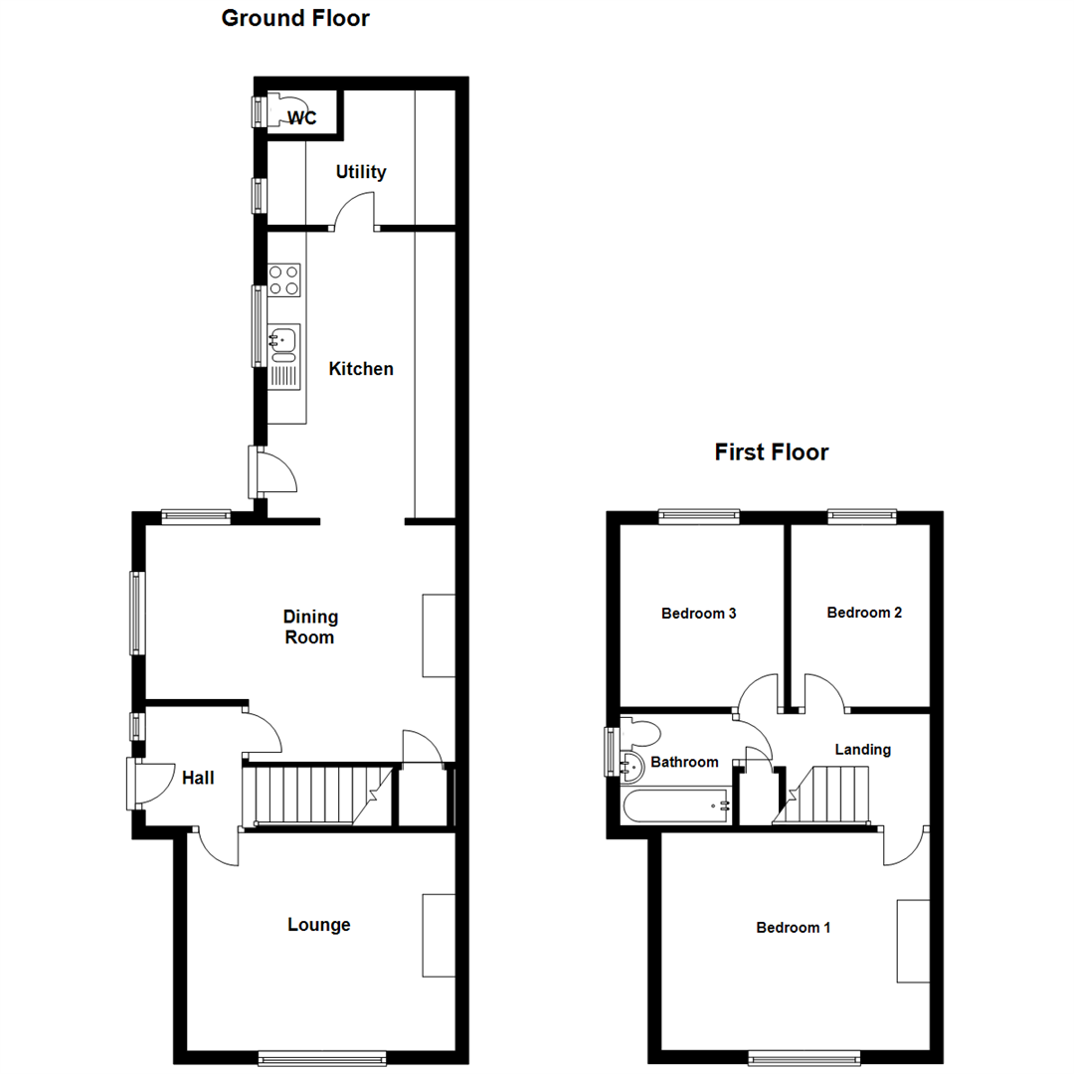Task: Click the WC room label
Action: pyautogui.click(x=302, y=118)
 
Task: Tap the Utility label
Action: pyautogui.click(x=360, y=172)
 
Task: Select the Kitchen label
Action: pyautogui.click(x=361, y=369)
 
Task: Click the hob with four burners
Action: pyautogui.click(x=284, y=279)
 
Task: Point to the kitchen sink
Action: pyautogui.click(x=284, y=342)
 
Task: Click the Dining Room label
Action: pyautogui.click(x=309, y=627)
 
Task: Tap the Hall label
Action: pyautogui.click(x=198, y=778)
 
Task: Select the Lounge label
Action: pyautogui.click(x=319, y=925)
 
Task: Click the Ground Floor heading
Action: pyautogui.click(x=295, y=18)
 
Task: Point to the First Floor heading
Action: pyautogui.click(x=772, y=452)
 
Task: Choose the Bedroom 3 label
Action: pyautogui.click(x=698, y=614)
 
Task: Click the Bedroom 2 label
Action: pyautogui.click(x=864, y=613)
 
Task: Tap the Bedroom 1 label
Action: pyautogui.click(x=794, y=928)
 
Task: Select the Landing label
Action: pyautogui.click(x=862, y=750)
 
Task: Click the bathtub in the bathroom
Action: pyautogui.click(x=675, y=806)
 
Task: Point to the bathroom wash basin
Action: pyautogui.click(x=630, y=766)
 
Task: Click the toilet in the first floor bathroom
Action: pyautogui.click(x=640, y=734)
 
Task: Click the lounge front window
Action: pyautogui.click(x=321, y=1059)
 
